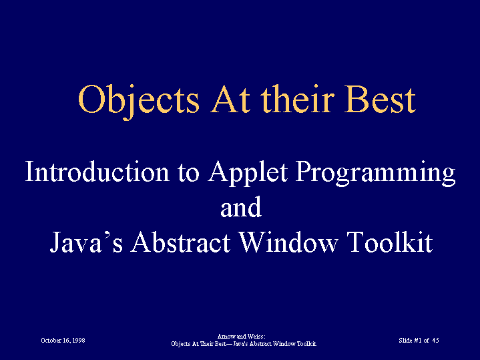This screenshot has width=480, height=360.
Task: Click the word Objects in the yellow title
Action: coord(139,100)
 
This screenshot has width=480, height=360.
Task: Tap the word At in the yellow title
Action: coord(230,100)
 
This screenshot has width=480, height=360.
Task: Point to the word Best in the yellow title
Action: coord(380,100)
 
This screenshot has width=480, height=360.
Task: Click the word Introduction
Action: coord(97,171)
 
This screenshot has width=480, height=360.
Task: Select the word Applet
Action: coord(248,173)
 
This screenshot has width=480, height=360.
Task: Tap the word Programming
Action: coord(376,174)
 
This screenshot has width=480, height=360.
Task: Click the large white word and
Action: coord(241,208)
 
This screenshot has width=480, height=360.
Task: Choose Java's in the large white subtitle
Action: coord(86,242)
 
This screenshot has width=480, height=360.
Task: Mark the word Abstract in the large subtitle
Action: coord(180,241)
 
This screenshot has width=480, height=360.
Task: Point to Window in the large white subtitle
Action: coord(288,241)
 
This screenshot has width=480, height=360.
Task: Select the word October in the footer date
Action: coord(51,341)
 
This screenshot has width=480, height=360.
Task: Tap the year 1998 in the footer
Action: coord(79,341)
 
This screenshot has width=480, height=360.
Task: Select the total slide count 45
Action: coord(436,341)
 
